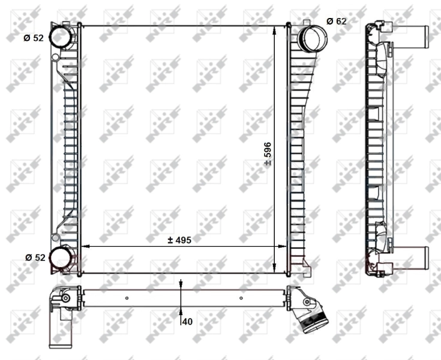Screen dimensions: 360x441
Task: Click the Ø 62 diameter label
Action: coord(337,21)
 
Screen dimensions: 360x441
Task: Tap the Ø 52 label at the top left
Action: coord(34,37)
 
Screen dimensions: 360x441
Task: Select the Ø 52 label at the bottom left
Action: coord(35,257)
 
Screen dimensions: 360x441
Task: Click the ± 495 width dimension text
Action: coord(179,239)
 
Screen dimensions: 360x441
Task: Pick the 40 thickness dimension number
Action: coord(187,322)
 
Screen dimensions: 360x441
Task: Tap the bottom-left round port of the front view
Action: coord(60,257)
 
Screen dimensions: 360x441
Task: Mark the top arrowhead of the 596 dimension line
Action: coord(275,30)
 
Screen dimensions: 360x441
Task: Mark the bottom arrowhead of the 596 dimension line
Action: coord(275,268)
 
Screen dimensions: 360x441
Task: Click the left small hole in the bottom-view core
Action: coord(127,298)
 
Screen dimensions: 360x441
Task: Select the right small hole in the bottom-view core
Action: coord(241,298)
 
